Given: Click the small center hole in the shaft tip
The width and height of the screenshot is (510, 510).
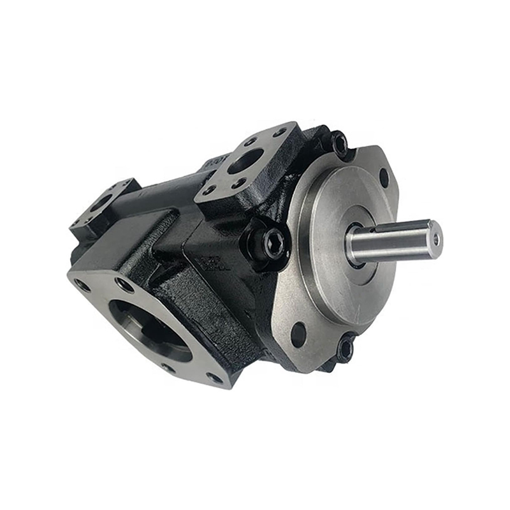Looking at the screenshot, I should coord(436,238).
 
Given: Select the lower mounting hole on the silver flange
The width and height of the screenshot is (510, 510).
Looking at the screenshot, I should coord(298,333).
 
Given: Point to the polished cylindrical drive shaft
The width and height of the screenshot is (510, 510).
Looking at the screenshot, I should coord(395,239).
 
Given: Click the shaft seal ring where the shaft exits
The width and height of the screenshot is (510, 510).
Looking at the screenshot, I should coord(354,245).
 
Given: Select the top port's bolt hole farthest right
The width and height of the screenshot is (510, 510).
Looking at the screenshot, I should coord(280,133).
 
